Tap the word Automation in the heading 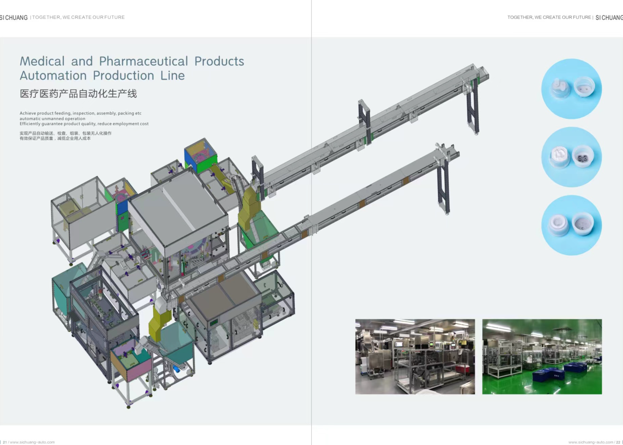click(53, 76)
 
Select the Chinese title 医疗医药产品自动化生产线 click(78, 93)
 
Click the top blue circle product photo click(572, 89)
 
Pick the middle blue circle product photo click(572, 157)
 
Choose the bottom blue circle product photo click(572, 225)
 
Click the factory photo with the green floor click(542, 357)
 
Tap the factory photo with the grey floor click(415, 357)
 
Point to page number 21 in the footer click(5, 442)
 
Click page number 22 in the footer click(618, 442)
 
